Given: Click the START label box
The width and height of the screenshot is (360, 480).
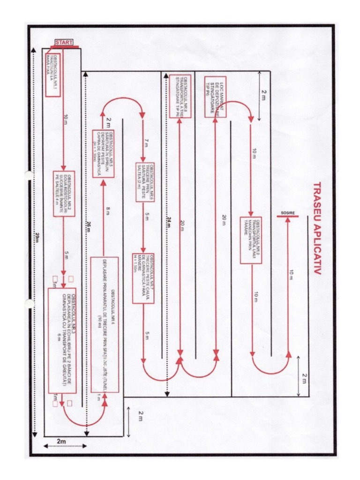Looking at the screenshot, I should coord(64,43).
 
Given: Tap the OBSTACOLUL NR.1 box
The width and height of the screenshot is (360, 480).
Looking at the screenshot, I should coord(53,75).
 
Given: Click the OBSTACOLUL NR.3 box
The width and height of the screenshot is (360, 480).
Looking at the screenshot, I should coord(68,341).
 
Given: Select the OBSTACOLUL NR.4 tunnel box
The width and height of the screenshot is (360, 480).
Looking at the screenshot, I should coord(105,324).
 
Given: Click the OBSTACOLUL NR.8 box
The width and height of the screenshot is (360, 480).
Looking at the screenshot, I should coord(180,96).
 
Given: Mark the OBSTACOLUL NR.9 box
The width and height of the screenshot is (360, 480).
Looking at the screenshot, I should coord(251,240).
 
